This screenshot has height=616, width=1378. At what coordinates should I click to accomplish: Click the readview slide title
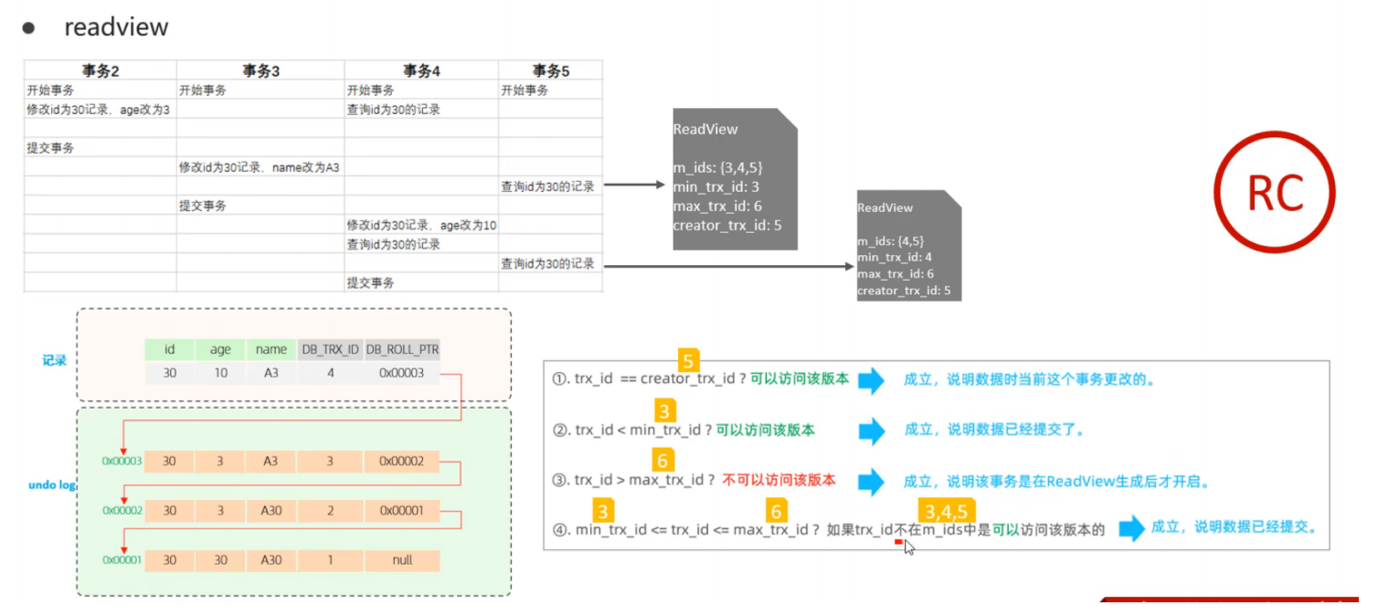pyautogui.click(x=116, y=27)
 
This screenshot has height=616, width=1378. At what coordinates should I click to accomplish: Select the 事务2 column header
pyautogui.click(x=101, y=70)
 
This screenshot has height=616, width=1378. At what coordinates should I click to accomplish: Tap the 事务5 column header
pyautogui.click(x=551, y=70)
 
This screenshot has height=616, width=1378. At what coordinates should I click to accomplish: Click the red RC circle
pyautogui.click(x=1274, y=192)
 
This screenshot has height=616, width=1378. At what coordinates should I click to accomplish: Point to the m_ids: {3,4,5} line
pyautogui.click(x=717, y=167)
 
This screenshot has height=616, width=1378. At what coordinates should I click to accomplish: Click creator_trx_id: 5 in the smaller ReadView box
pyautogui.click(x=904, y=291)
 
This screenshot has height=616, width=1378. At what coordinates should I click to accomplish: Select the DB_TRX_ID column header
pyautogui.click(x=330, y=349)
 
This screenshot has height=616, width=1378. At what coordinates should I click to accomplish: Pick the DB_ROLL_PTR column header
pyautogui.click(x=402, y=349)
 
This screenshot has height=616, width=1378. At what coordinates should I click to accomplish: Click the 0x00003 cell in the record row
pyautogui.click(x=402, y=373)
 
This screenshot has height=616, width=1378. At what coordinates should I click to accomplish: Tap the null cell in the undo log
pyautogui.click(x=402, y=560)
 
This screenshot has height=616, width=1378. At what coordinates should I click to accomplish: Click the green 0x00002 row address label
pyautogui.click(x=122, y=510)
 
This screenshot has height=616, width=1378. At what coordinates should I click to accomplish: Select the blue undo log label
pyautogui.click(x=52, y=485)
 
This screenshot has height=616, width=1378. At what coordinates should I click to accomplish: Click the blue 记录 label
pyautogui.click(x=54, y=361)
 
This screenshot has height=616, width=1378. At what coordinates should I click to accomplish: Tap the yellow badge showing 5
pyautogui.click(x=688, y=360)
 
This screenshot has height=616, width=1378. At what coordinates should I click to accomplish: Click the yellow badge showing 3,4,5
pyautogui.click(x=946, y=511)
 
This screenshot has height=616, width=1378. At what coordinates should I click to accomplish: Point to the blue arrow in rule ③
pyautogui.click(x=871, y=482)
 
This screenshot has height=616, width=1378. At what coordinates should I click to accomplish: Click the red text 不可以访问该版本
pyautogui.click(x=779, y=480)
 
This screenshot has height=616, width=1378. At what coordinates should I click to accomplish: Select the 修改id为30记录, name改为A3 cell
pyautogui.click(x=259, y=167)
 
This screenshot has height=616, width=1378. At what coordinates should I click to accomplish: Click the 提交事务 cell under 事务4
pyautogui.click(x=370, y=282)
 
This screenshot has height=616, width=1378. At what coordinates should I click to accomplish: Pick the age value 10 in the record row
pyautogui.click(x=220, y=373)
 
